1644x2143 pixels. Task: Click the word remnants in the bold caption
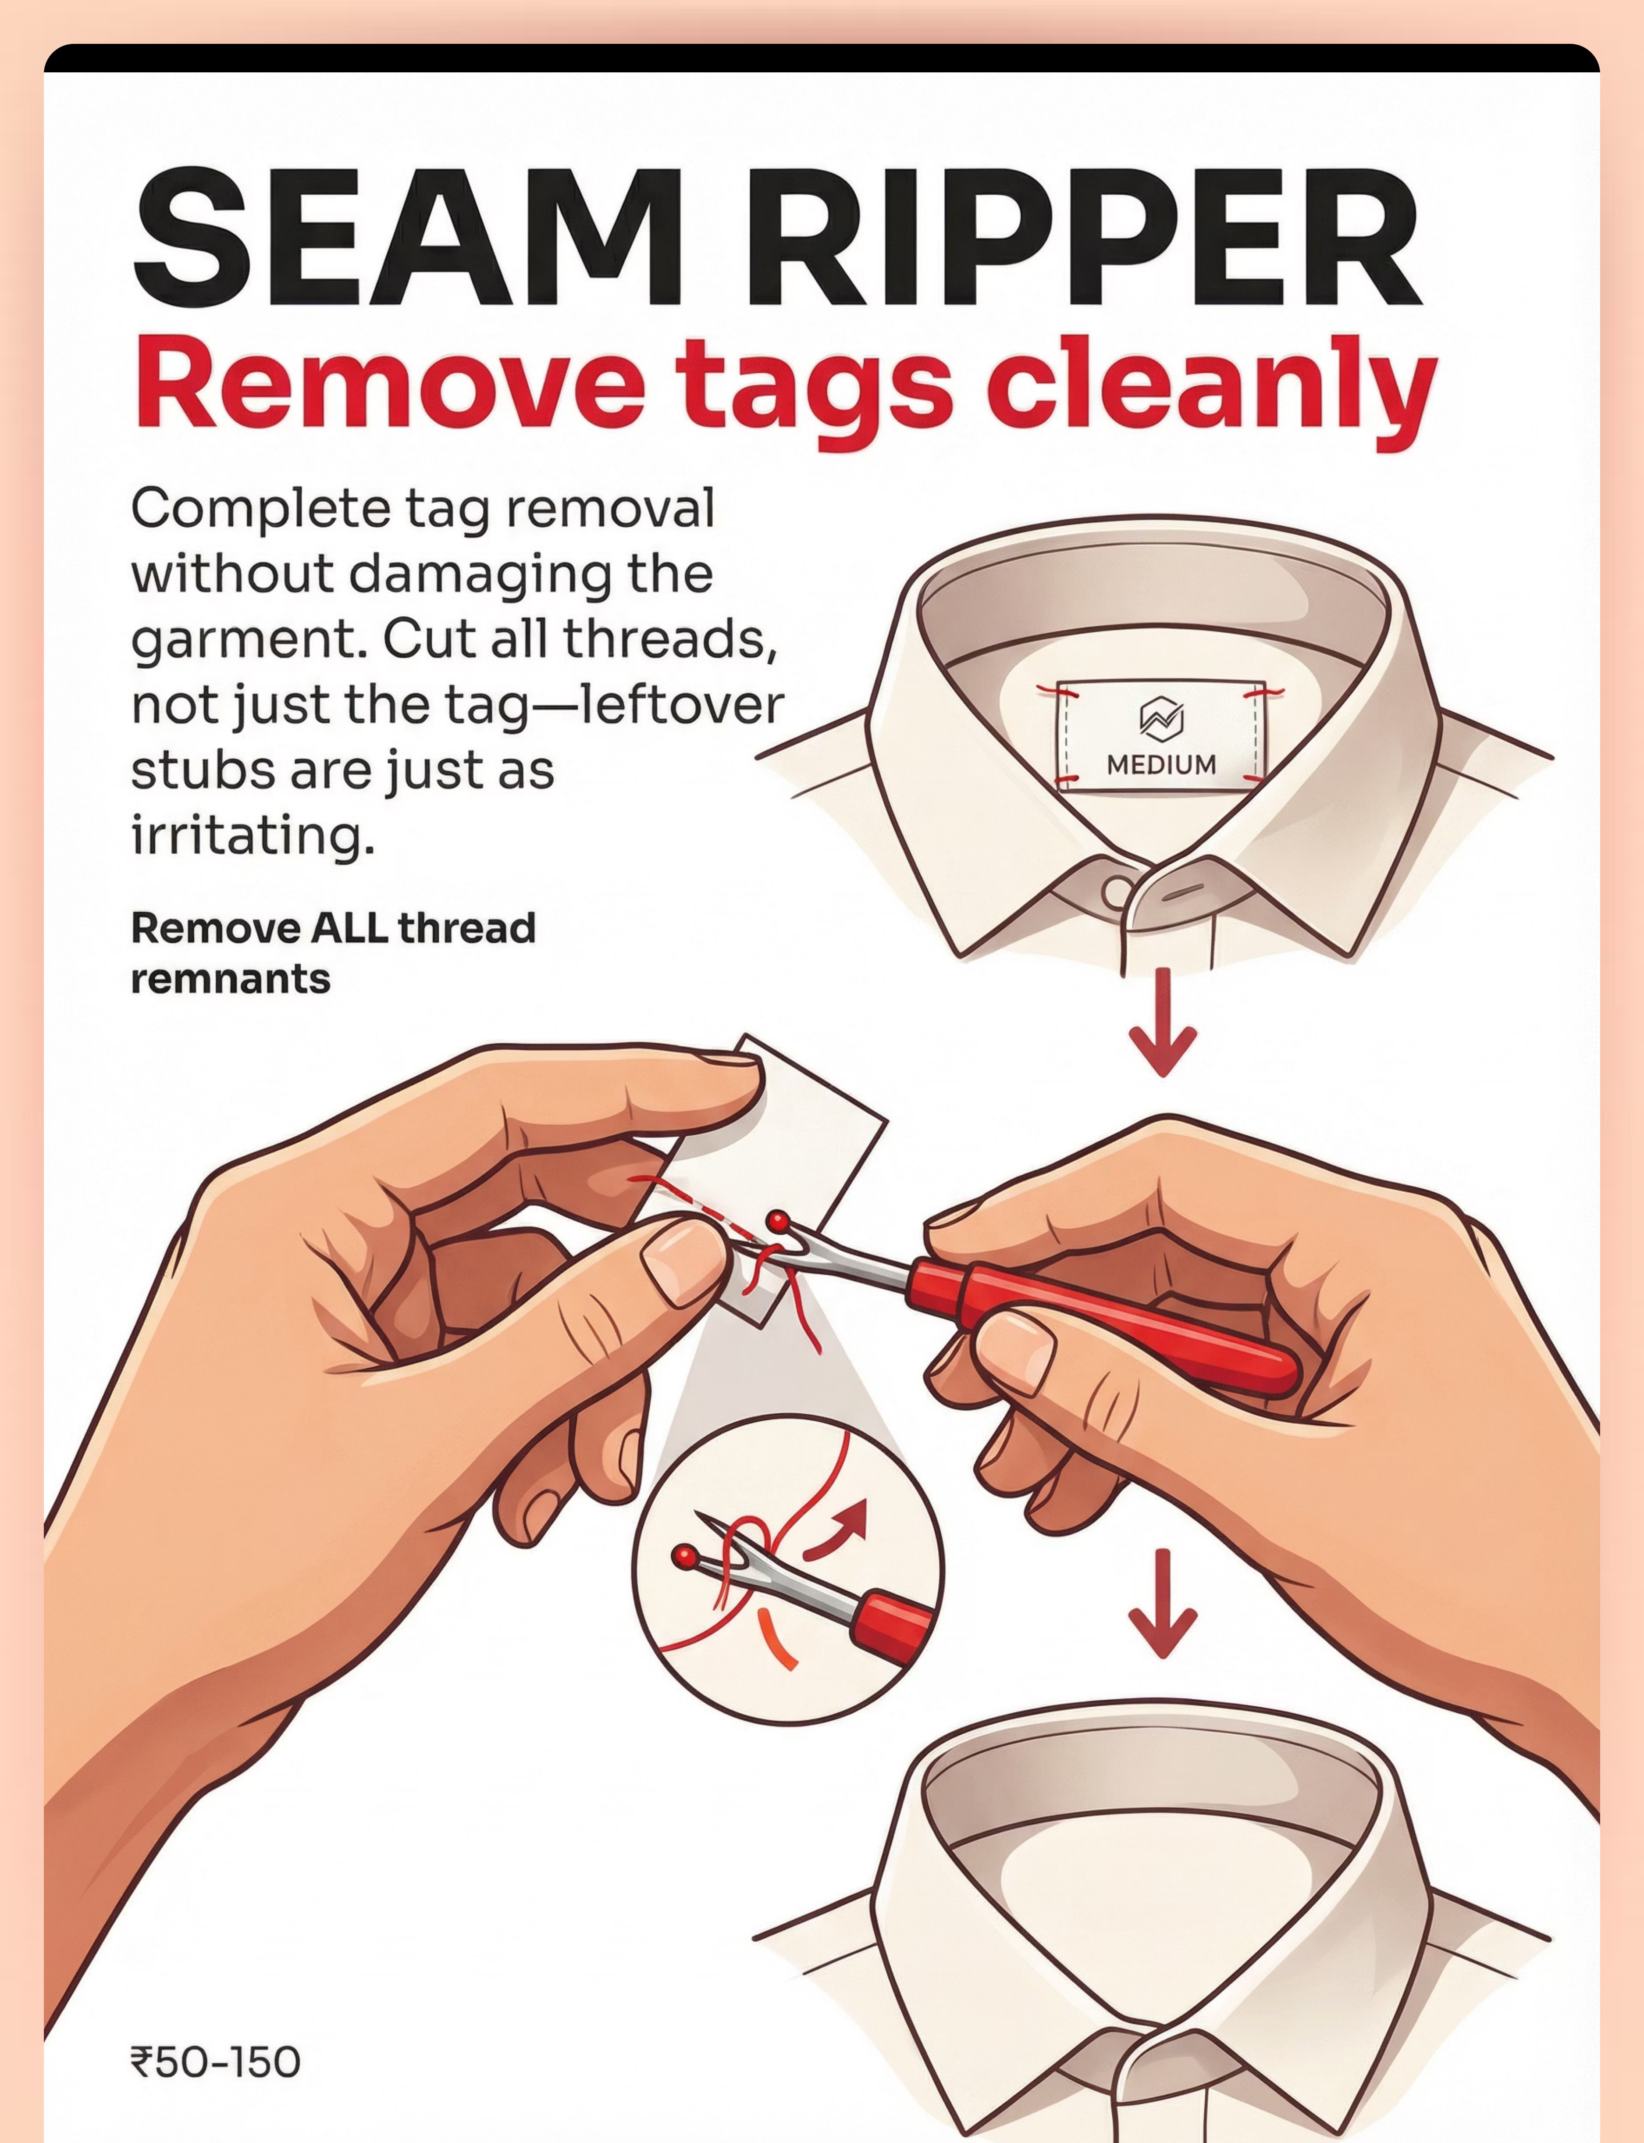tap(231, 979)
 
